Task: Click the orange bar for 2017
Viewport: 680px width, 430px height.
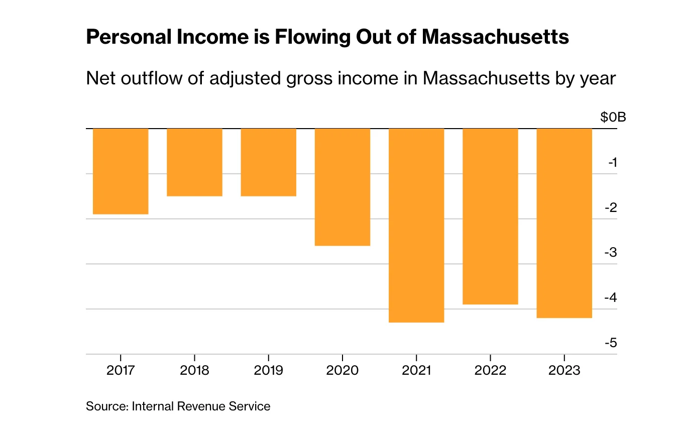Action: [x=121, y=171]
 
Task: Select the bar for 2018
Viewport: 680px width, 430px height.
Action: [x=194, y=162]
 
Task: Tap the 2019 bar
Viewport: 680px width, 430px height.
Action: [x=268, y=162]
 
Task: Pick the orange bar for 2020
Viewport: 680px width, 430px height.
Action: [x=342, y=187]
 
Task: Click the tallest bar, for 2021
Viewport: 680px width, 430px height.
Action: [x=416, y=225]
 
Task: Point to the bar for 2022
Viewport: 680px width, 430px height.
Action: [x=490, y=217]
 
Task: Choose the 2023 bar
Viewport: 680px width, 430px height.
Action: [x=564, y=223]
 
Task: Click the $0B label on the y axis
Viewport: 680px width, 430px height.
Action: [x=613, y=118]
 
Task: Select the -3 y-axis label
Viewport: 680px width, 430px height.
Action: [x=611, y=253]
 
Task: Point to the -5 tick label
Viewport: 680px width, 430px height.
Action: [x=611, y=343]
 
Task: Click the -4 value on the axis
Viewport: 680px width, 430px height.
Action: [x=611, y=298]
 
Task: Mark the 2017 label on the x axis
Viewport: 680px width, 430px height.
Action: [x=121, y=371]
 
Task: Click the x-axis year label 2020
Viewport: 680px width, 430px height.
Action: [x=342, y=371]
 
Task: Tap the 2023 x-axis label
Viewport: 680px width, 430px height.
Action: [x=564, y=371]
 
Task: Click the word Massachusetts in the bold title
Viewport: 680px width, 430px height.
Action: [x=495, y=38]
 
